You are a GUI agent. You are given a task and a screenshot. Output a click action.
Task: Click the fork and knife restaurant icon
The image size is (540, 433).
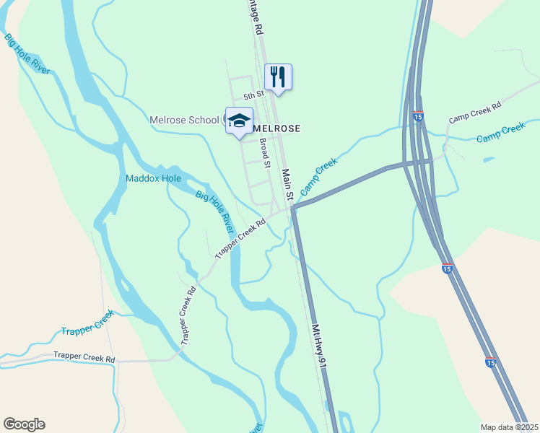click(x=278, y=76)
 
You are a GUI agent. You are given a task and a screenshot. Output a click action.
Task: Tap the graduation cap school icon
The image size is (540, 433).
click(x=239, y=121)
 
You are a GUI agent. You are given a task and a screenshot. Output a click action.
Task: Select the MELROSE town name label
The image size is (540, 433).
click(x=276, y=128)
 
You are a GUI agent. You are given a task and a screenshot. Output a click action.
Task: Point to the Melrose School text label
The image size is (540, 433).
click(x=184, y=120)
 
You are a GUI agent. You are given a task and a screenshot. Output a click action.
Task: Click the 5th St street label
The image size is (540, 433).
click(x=253, y=95)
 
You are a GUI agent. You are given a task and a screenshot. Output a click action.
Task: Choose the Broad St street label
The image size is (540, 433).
click(x=264, y=152)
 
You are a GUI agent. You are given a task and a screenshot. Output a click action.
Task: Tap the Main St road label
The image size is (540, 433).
click(x=287, y=185)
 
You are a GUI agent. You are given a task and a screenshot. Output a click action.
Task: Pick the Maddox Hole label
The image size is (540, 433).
click(x=153, y=178)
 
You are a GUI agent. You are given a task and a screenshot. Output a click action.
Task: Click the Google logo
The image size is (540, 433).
click(x=24, y=424)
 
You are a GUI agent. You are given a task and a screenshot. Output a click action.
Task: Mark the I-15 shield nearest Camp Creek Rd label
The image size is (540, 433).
click(x=418, y=115)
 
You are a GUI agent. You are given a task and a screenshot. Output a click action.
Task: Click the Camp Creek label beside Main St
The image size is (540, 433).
click(x=318, y=177)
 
